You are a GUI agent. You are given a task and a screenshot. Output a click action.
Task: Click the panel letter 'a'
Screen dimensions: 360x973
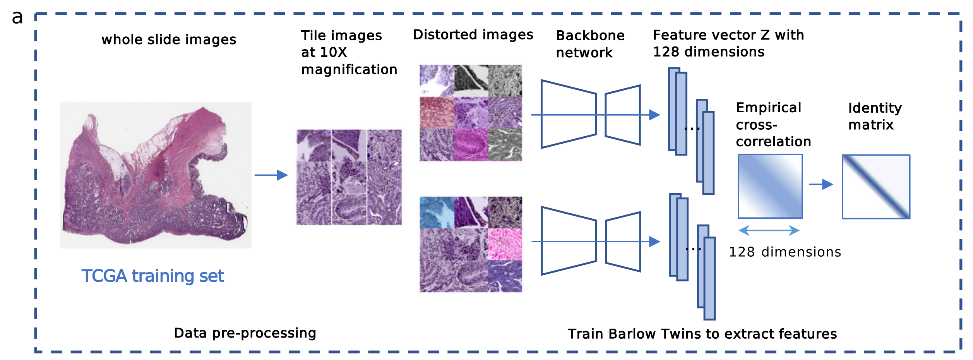(17, 17)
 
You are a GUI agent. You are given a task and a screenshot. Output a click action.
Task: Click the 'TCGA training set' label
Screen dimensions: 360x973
(152, 276)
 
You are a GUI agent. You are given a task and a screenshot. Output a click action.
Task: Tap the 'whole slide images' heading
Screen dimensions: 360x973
(169, 39)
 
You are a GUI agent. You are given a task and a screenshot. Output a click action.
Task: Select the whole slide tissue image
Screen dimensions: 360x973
(156, 175)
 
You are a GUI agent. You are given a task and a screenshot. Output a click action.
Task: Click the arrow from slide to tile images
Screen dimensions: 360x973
(271, 175)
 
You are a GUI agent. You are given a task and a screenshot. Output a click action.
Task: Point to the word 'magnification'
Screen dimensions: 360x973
(349, 70)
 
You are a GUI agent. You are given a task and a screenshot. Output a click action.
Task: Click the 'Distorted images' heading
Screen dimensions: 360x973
(473, 35)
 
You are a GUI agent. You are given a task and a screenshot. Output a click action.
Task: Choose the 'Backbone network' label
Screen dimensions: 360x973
(590, 44)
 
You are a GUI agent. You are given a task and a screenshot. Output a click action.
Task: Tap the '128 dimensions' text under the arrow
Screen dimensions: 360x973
(785, 252)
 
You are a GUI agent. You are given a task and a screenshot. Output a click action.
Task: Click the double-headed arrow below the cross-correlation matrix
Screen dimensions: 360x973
(769, 231)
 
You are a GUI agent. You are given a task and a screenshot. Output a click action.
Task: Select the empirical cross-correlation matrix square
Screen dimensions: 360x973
(770, 186)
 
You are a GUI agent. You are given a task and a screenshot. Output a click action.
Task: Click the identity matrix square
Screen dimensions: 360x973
(876, 187)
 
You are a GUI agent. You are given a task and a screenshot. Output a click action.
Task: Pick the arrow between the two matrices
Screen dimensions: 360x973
(821, 184)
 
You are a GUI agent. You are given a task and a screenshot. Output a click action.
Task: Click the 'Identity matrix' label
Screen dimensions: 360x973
(875, 116)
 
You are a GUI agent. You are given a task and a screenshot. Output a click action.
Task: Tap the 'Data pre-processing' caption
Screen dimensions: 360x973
(245, 333)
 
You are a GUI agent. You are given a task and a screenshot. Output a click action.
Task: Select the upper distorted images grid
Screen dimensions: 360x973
(471, 113)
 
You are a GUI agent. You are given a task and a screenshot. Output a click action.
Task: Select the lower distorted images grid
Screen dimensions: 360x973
(471, 244)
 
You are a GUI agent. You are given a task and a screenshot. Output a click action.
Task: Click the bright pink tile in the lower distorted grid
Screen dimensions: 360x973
(505, 244)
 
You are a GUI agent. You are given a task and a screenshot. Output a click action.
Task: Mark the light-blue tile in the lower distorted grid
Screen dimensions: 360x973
(437, 213)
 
